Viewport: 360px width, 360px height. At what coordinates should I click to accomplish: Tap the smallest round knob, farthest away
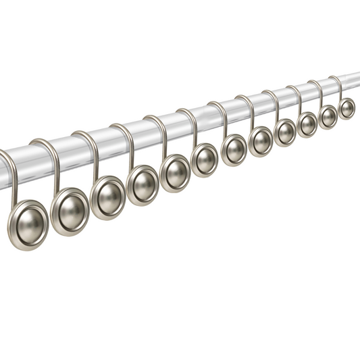pyautogui.click(x=346, y=108)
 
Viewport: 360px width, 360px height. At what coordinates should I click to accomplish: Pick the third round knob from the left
pyautogui.click(x=109, y=197)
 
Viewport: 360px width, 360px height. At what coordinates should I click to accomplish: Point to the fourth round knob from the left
pyautogui.click(x=143, y=184)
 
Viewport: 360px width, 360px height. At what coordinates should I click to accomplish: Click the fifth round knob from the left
pyautogui.click(x=176, y=172)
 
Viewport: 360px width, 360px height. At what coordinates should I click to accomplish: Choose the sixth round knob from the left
pyautogui.click(x=205, y=160)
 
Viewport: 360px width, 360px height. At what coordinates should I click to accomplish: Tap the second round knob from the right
pyautogui.click(x=328, y=116)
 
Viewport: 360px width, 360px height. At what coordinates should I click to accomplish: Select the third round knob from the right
pyautogui.click(x=307, y=124)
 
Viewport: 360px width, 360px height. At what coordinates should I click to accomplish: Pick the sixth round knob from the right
pyautogui.click(x=234, y=149)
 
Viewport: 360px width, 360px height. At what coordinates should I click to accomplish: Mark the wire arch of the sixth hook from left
pyautogui.click(x=188, y=111)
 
